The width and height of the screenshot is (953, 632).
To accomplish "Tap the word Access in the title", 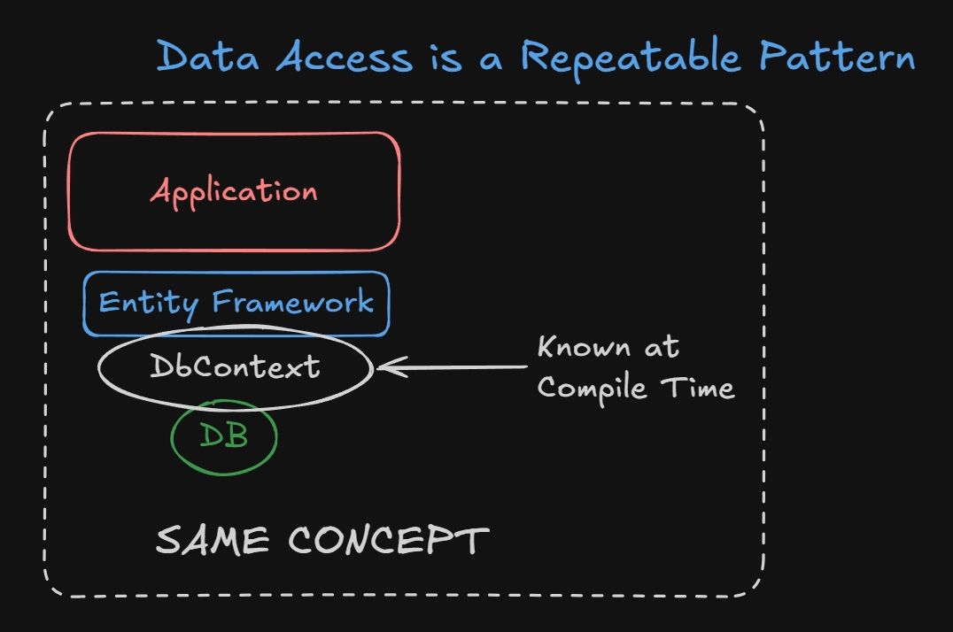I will (x=345, y=57).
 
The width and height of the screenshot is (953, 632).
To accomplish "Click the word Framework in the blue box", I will (x=293, y=303).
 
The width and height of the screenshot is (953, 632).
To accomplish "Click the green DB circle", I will (x=223, y=435).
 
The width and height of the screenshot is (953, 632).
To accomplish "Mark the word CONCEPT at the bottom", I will (x=389, y=540).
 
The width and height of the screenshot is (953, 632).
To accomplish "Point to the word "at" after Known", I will (x=662, y=347).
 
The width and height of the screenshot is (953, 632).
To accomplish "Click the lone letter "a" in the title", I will (x=491, y=58).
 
